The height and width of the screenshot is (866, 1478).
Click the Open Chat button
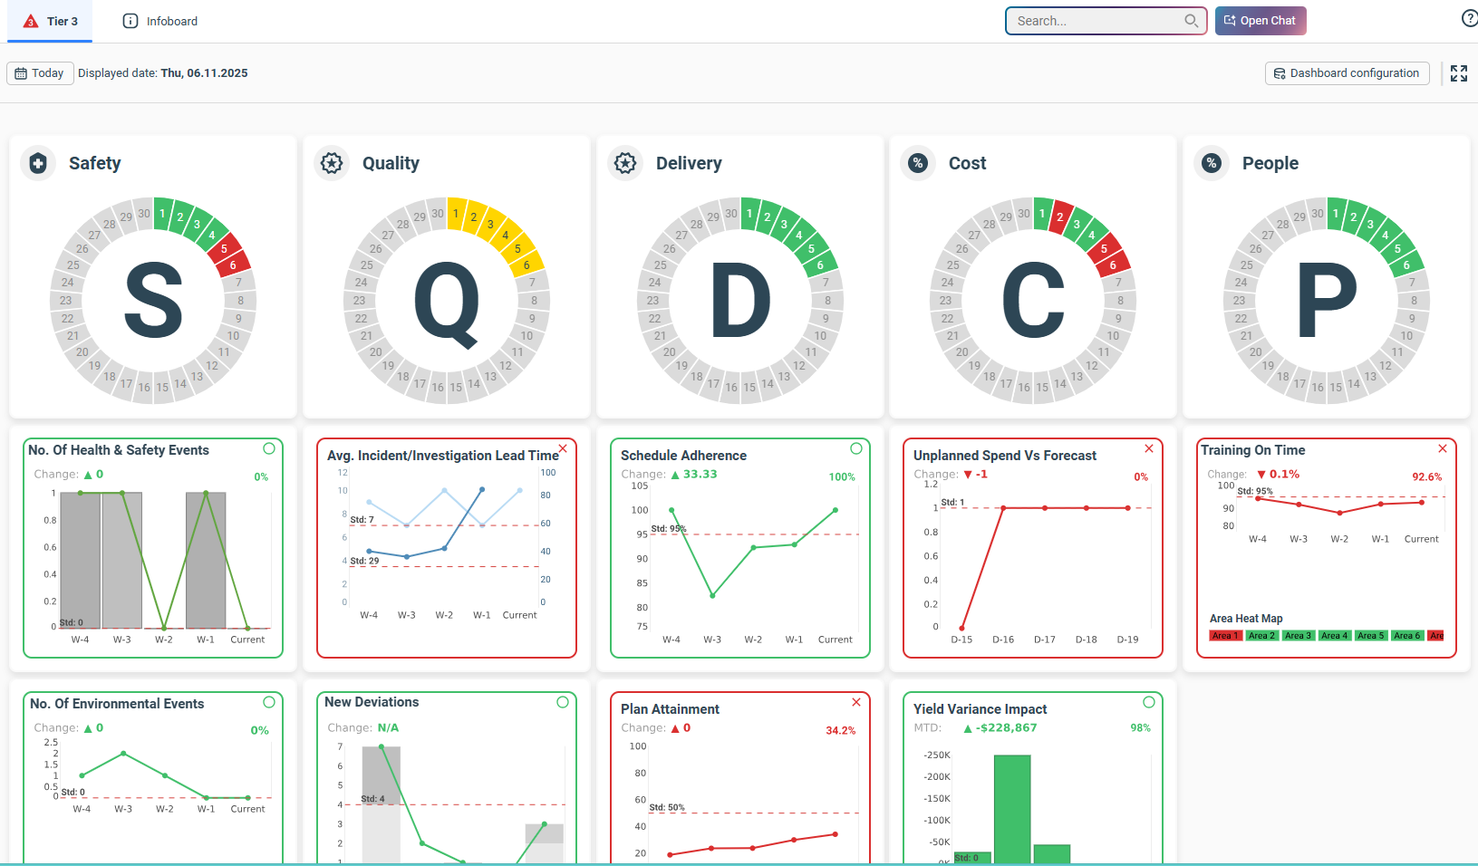[1261, 21]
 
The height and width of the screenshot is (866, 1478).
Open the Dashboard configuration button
[1347, 73]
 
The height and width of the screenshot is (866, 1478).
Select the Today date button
[40, 73]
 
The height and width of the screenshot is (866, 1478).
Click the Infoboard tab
[160, 21]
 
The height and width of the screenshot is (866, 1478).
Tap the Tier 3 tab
[51, 21]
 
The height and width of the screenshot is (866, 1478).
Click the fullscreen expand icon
[1458, 73]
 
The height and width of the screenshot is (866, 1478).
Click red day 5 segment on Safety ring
[224, 248]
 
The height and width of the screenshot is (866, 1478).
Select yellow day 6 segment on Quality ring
[526, 265]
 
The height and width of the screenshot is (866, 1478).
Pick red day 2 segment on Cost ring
[1059, 217]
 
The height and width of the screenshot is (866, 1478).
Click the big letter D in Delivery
[740, 301]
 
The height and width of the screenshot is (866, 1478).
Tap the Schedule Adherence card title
[683, 456]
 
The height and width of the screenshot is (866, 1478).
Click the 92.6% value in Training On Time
[1426, 476]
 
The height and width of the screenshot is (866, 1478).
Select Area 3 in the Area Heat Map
[1298, 636]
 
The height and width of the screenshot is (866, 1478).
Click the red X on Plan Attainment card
[856, 702]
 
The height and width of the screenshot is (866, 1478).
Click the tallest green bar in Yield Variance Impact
[1011, 806]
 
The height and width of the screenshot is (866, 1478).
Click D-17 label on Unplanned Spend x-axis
[1045, 640]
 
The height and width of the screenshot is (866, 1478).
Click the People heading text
[1270, 163]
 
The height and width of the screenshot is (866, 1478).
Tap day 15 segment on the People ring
[1336, 387]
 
